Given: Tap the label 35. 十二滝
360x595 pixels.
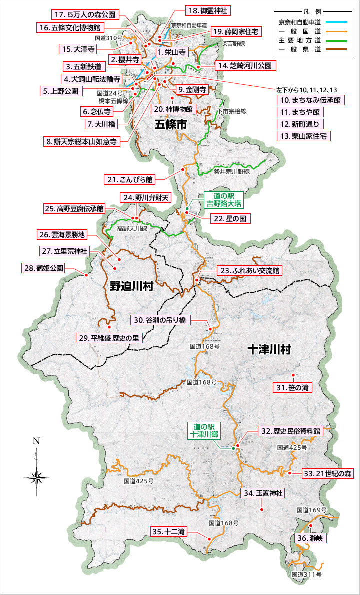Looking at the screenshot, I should click(x=168, y=532).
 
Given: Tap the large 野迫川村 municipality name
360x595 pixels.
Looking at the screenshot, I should click(x=131, y=286).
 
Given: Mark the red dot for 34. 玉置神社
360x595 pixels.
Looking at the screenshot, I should click(x=261, y=509).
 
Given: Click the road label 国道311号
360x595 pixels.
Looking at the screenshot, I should click(x=306, y=575).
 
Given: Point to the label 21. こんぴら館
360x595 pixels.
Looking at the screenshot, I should click(x=130, y=179).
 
